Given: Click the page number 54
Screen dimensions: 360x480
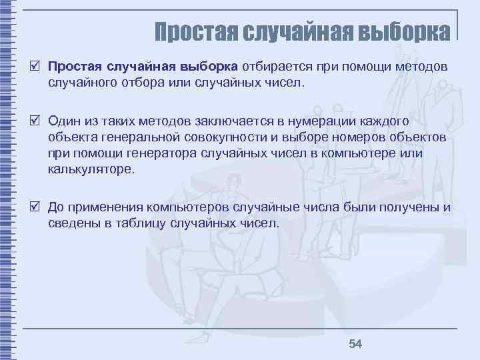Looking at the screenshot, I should (355, 343).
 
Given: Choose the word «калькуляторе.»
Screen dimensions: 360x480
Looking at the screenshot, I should (91, 169).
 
